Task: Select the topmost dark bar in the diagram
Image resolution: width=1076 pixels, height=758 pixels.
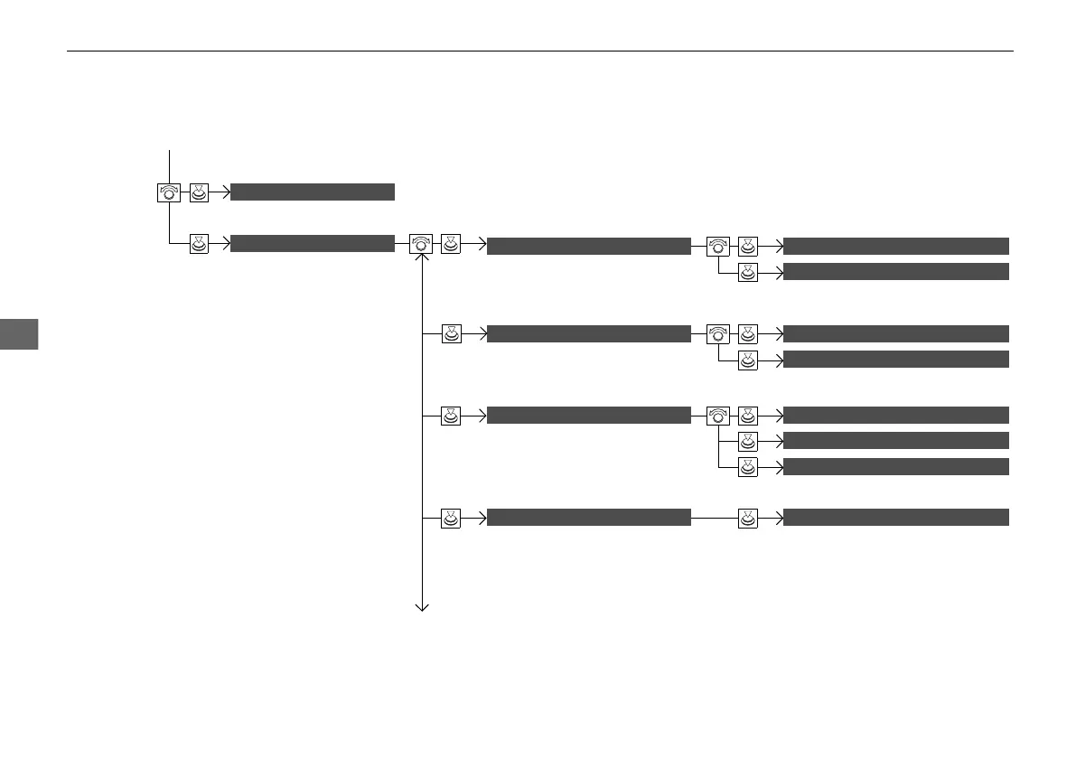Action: (x=313, y=192)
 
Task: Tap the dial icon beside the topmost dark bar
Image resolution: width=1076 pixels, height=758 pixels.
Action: (x=169, y=192)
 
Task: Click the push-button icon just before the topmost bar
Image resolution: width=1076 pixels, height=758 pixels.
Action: (x=200, y=192)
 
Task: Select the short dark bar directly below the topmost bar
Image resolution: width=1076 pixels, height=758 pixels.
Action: (x=313, y=243)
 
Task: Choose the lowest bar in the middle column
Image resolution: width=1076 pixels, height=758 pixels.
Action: (x=589, y=517)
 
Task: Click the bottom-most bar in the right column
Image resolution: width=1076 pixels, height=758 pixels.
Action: (x=895, y=517)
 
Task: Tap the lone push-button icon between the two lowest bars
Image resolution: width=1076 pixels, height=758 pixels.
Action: (x=747, y=518)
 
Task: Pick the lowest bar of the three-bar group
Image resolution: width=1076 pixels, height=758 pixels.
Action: (x=895, y=466)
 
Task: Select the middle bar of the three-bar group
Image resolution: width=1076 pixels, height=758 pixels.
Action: (x=895, y=440)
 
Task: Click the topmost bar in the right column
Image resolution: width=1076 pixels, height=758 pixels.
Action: (x=895, y=245)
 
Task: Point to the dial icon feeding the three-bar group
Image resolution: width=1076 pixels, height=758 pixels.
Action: (x=717, y=416)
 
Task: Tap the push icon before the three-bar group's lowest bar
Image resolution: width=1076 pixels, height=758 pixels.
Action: (x=747, y=467)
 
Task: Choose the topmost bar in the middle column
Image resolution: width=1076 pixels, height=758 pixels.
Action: (x=589, y=245)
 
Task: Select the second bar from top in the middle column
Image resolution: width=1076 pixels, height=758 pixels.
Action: (x=589, y=333)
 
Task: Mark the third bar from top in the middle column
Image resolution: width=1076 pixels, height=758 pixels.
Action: (x=589, y=415)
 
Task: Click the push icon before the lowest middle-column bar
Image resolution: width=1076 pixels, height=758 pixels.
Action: (x=451, y=518)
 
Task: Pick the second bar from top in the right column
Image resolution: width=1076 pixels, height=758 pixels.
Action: (x=895, y=271)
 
